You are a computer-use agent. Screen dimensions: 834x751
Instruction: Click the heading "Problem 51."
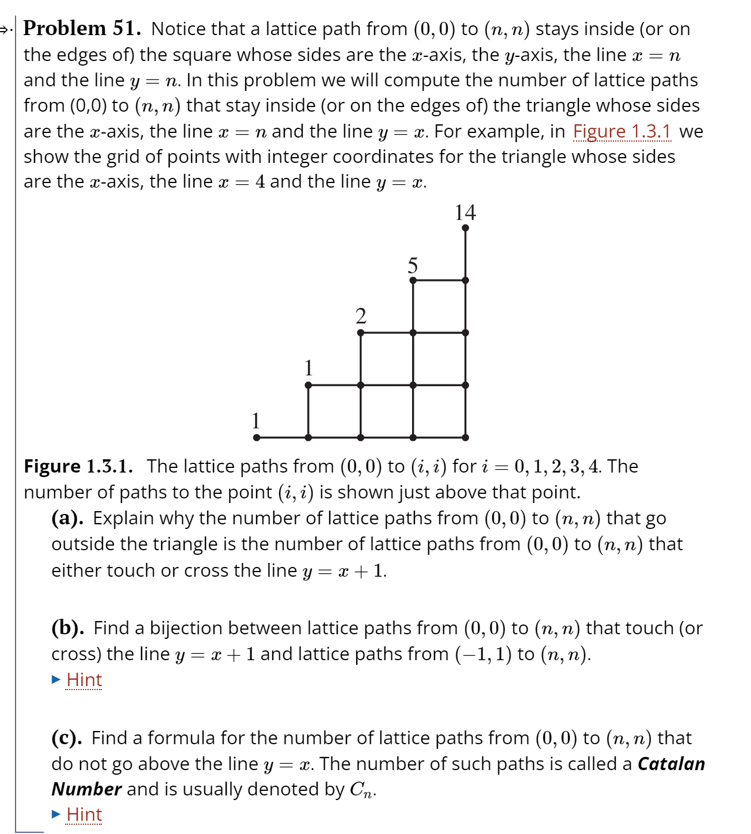pyautogui.click(x=82, y=28)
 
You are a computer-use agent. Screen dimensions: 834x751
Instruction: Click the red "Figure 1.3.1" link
pyautogui.click(x=622, y=132)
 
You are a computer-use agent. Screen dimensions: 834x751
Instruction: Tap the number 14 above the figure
pyautogui.click(x=465, y=212)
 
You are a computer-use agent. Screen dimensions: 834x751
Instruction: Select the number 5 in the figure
pyautogui.click(x=413, y=265)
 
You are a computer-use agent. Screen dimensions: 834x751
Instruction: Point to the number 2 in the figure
pyautogui.click(x=361, y=316)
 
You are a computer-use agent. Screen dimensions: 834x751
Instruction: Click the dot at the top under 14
pyautogui.click(x=465, y=228)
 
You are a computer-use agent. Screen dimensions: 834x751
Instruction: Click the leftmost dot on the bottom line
pyautogui.click(x=257, y=437)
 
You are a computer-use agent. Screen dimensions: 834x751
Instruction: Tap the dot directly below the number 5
pyautogui.click(x=413, y=280)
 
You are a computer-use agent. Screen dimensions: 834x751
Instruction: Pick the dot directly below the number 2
pyautogui.click(x=361, y=333)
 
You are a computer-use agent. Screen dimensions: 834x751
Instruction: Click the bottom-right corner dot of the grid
pyautogui.click(x=465, y=437)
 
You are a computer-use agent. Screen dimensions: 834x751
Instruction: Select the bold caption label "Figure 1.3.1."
pyautogui.click(x=78, y=466)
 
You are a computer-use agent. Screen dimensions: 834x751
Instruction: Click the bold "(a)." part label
pyautogui.click(x=67, y=518)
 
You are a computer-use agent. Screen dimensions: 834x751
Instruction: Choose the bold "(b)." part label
pyautogui.click(x=68, y=628)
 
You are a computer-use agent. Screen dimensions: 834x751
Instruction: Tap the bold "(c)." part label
pyautogui.click(x=67, y=738)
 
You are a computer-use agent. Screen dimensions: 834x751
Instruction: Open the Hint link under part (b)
pyautogui.click(x=84, y=680)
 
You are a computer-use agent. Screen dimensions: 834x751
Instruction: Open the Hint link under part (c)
pyautogui.click(x=84, y=814)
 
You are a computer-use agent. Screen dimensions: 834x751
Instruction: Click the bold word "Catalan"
pyautogui.click(x=671, y=764)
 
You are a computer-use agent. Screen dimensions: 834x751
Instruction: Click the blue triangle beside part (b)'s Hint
pyautogui.click(x=56, y=680)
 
